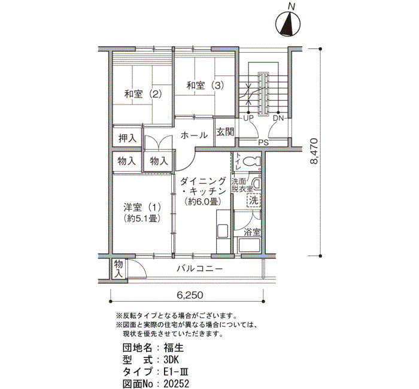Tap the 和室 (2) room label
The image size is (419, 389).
143,94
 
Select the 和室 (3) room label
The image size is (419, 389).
205,86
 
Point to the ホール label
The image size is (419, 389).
194,135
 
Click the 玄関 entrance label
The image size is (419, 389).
225,132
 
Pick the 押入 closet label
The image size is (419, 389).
127,138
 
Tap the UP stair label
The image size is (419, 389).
248,118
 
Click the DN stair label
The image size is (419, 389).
278,118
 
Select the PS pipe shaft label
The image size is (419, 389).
263,142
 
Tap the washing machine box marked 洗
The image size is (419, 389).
254,200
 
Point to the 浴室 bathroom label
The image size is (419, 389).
252,232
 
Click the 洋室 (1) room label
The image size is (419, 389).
142,212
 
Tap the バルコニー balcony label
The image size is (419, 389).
199,269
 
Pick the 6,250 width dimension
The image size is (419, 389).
190,295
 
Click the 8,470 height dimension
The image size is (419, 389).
314,151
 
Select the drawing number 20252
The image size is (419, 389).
177,384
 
